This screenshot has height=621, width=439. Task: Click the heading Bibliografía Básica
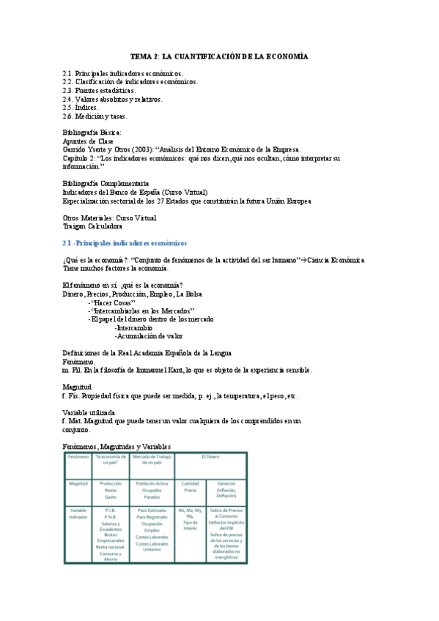pos(97,133)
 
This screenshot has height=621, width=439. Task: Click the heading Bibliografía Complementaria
pos(106,183)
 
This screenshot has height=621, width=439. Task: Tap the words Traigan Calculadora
pos(92,226)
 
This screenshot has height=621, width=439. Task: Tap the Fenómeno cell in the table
pos(78,457)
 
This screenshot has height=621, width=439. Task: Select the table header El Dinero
pos(210,457)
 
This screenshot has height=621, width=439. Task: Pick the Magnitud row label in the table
pos(78,484)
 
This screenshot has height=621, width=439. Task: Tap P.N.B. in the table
pos(111,517)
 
